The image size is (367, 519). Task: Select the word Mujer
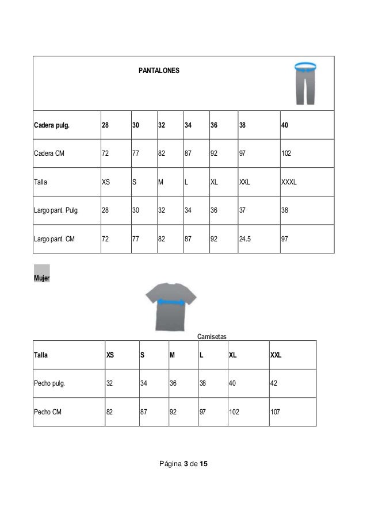click(x=41, y=278)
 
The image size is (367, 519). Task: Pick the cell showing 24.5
click(x=246, y=239)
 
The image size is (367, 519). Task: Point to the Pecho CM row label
click(x=48, y=412)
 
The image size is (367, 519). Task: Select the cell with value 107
click(x=277, y=412)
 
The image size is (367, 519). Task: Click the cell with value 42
click(x=274, y=384)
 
